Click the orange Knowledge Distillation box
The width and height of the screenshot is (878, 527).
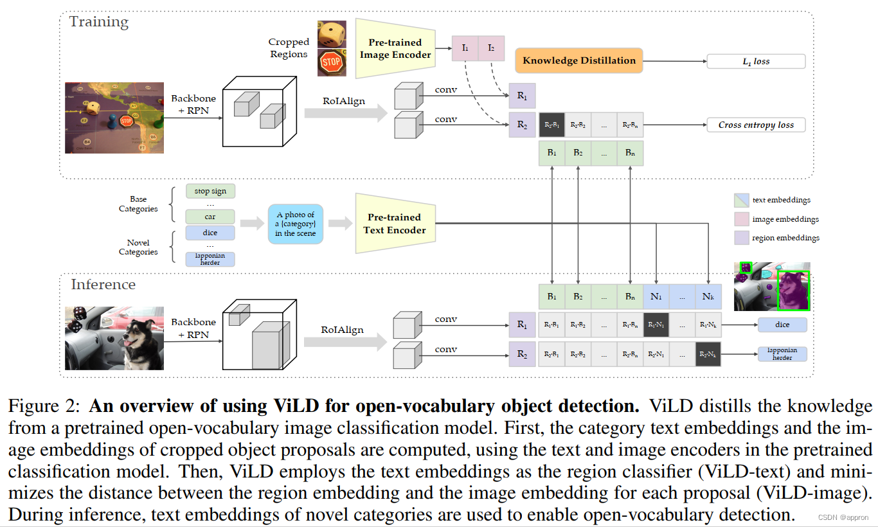(x=578, y=60)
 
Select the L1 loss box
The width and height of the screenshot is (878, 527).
(x=756, y=62)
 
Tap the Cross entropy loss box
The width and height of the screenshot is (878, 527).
(x=756, y=125)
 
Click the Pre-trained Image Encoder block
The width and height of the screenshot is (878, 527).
(x=395, y=49)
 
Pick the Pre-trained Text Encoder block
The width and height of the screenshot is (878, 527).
(x=394, y=224)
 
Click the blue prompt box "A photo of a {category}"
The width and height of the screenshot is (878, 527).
(x=295, y=224)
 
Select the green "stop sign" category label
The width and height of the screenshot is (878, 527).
(x=210, y=191)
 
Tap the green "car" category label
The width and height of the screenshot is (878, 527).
(x=210, y=217)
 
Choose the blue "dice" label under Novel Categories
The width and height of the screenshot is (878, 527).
(x=210, y=233)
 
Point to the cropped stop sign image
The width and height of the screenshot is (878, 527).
(x=332, y=63)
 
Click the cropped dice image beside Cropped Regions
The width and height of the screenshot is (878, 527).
(x=332, y=34)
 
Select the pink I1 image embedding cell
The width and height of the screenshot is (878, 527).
(x=465, y=48)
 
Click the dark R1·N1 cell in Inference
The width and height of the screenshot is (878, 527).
(x=656, y=325)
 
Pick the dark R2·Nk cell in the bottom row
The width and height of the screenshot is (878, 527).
(x=708, y=354)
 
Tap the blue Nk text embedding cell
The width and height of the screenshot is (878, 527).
(x=708, y=297)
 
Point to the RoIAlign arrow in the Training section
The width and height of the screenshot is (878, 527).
(x=346, y=112)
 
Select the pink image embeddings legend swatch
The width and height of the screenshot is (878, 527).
(x=741, y=219)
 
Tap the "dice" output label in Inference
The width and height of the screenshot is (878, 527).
(x=782, y=325)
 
